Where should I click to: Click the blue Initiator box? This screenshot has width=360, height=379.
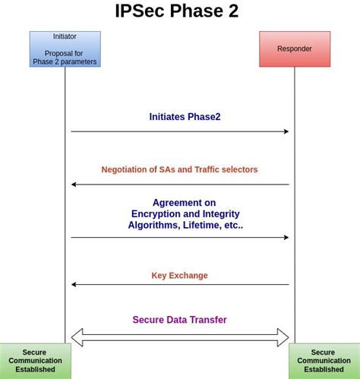point(65,49)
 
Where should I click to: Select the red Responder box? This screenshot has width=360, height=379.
point(294,49)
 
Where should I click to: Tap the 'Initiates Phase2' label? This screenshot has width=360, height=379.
point(185,117)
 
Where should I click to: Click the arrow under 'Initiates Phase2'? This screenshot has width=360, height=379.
point(179,131)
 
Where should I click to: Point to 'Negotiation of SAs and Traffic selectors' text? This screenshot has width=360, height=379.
point(179,169)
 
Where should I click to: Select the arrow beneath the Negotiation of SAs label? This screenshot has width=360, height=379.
point(179,185)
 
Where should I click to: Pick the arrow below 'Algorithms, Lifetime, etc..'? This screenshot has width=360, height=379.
point(179,237)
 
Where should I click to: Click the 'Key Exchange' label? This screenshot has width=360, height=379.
point(179,276)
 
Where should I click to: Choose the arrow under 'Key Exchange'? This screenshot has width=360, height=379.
point(179,284)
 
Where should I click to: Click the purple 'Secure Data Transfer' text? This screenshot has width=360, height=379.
point(179,320)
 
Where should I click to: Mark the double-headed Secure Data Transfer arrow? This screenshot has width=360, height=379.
point(179,337)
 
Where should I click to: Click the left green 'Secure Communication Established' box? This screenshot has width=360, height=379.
point(35,361)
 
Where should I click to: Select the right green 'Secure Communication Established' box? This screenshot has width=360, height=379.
point(324,361)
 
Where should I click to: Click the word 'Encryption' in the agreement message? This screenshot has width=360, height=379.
point(157,214)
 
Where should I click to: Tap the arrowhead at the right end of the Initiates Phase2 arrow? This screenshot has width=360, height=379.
point(286,131)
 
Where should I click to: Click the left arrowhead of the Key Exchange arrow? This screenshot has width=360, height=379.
point(74,284)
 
